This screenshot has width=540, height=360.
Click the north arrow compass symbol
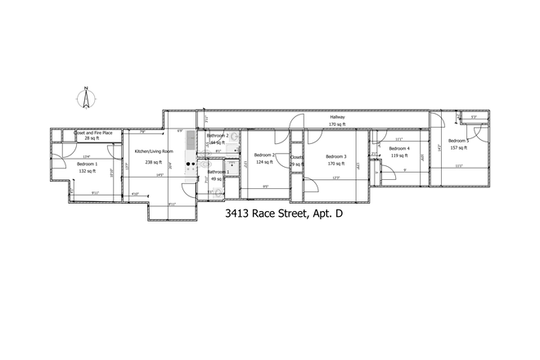84,98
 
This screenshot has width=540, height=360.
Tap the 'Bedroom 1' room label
87,164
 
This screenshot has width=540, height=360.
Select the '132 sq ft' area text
87,171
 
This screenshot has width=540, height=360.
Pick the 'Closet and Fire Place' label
92,133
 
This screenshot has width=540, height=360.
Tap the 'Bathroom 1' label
218,172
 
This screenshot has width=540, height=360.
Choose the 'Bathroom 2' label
218,136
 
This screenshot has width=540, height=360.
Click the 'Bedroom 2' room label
265,155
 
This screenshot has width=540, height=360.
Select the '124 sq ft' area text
265,162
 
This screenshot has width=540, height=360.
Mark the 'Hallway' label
337,117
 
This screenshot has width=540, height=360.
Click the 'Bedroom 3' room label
336,156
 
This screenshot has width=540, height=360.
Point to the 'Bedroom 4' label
399,148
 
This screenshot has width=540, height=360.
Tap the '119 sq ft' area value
399,155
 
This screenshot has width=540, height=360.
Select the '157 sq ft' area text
457,148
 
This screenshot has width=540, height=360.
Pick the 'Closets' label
296,156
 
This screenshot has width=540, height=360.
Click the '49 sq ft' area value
218,178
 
